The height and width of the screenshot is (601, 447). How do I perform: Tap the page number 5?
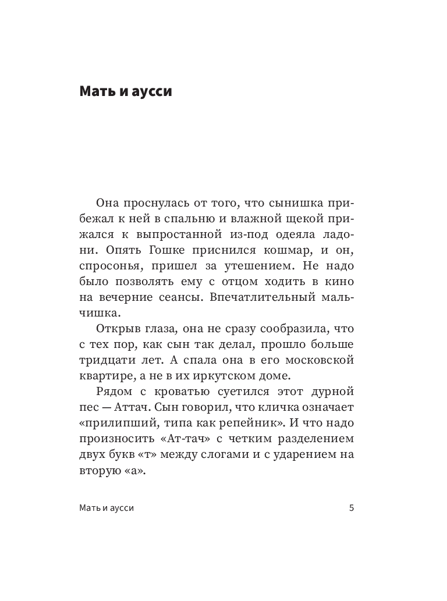(x=352, y=507)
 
